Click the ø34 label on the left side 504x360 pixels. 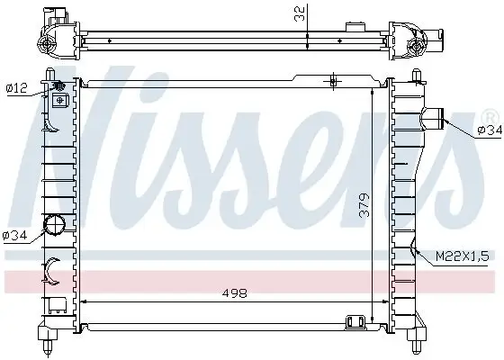coord(15,236)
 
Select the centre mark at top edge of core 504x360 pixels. coord(332,83)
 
